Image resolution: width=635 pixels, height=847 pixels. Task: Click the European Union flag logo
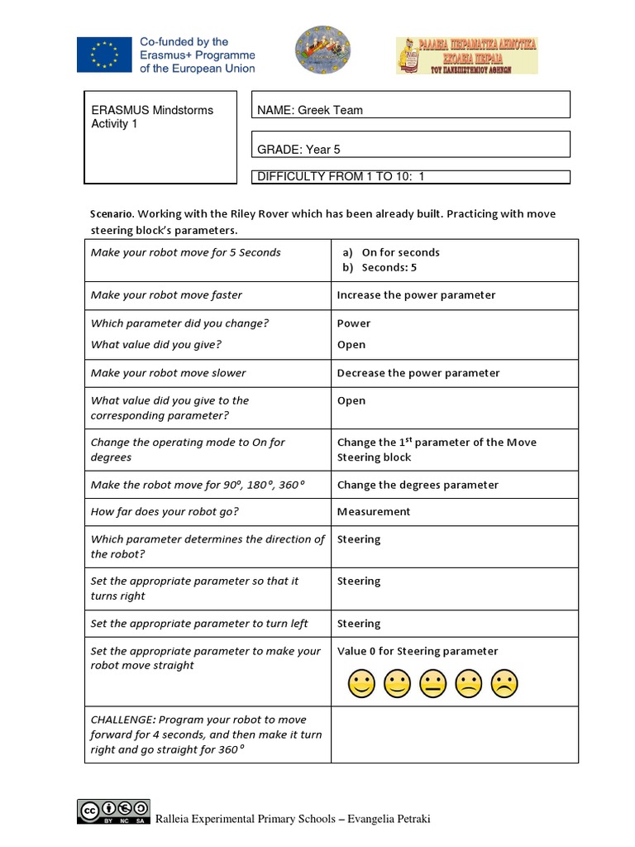(x=104, y=56)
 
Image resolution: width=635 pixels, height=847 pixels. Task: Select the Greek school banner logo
(x=466, y=55)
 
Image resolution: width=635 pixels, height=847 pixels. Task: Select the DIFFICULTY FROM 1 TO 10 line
(x=411, y=176)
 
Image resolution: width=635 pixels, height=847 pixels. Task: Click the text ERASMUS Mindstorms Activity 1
(x=152, y=117)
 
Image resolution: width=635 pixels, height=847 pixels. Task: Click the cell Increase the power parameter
(x=416, y=295)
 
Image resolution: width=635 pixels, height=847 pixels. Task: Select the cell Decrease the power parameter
(x=418, y=373)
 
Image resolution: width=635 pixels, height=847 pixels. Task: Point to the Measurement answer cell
(x=374, y=512)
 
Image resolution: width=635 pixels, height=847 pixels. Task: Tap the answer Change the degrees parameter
(x=418, y=485)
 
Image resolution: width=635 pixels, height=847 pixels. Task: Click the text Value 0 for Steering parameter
(x=418, y=651)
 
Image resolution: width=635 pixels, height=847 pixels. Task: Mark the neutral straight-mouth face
(x=432, y=683)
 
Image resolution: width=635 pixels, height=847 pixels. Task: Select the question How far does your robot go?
(x=165, y=512)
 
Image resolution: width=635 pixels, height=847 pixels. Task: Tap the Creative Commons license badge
(x=113, y=812)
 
